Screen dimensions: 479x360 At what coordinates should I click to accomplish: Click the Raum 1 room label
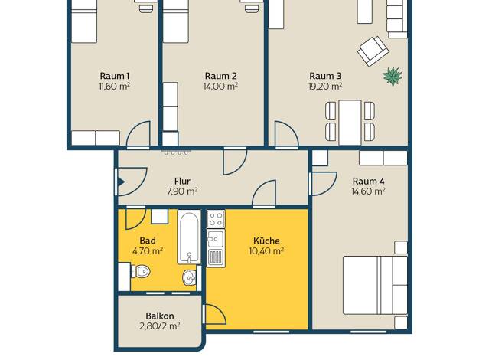point(115,76)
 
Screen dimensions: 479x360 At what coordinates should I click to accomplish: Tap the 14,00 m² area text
point(220,87)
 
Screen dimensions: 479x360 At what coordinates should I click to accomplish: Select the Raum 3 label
point(325,76)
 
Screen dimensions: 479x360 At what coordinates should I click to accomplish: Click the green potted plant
point(393,77)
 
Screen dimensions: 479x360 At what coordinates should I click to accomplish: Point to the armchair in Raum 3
point(373,51)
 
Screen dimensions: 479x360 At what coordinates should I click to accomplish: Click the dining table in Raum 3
point(350,123)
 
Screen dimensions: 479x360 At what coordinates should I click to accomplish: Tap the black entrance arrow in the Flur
point(121,182)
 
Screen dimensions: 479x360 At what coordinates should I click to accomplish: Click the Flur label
point(182,181)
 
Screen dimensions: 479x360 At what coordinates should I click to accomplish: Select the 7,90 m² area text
point(182,191)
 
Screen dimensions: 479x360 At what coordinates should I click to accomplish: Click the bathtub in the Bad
point(189,237)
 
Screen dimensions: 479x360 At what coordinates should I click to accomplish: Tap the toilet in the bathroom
point(141,271)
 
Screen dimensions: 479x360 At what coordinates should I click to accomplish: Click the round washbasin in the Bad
point(190,278)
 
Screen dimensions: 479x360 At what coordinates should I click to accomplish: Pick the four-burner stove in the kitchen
point(216,219)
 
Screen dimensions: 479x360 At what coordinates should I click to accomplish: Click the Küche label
point(267,241)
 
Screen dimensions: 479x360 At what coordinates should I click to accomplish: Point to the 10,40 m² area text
point(266,251)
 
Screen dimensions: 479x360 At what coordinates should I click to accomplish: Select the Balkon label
point(160,316)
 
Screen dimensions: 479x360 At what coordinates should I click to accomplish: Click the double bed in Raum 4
point(375,285)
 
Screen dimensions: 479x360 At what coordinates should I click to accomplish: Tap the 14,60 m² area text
point(368,191)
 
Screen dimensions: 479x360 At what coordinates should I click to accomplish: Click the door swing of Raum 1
point(138,133)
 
